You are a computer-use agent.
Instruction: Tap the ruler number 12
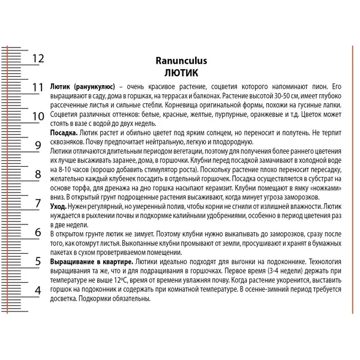pos(38,58)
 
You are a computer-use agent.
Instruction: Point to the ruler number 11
pos(38,88)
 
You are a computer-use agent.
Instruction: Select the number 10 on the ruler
pos(38,116)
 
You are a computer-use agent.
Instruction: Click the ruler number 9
pos(38,145)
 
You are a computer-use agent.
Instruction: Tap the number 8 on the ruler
pos(38,175)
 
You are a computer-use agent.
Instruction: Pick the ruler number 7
pos(38,203)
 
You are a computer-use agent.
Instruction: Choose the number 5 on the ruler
pos(38,262)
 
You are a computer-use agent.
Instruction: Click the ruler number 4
pos(38,290)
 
